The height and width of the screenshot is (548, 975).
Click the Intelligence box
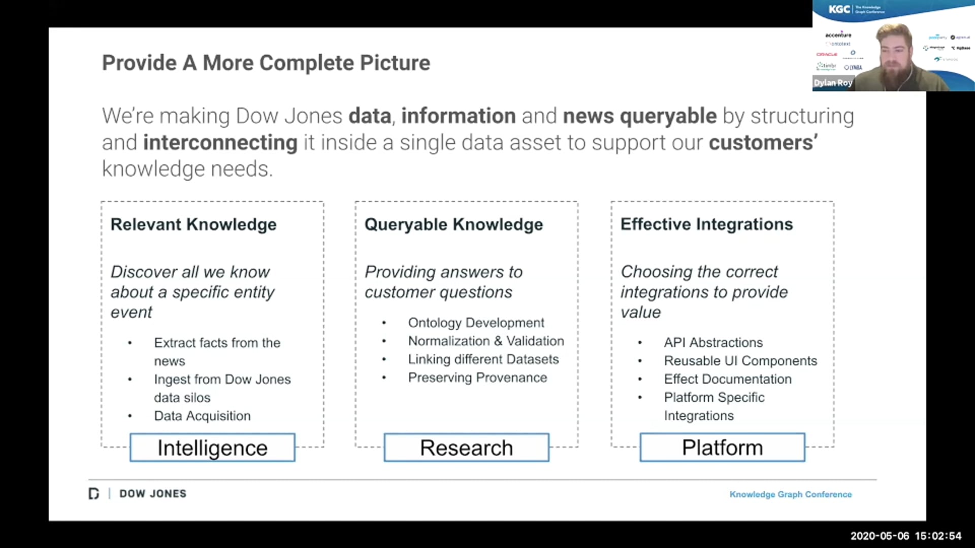click(x=212, y=448)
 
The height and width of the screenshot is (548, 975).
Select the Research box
click(x=466, y=448)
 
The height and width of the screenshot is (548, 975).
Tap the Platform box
click(x=722, y=448)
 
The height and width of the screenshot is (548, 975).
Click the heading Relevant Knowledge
click(x=193, y=224)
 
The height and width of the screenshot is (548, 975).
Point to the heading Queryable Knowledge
click(x=453, y=224)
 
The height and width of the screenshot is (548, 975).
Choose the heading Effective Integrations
click(x=706, y=224)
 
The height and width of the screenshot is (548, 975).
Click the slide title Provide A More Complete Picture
click(x=266, y=63)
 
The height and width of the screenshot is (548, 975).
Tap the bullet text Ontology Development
click(x=476, y=323)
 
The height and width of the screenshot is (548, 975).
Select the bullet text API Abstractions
click(x=713, y=342)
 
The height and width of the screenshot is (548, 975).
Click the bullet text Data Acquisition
click(x=202, y=416)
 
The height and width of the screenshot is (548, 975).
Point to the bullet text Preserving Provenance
click(x=477, y=378)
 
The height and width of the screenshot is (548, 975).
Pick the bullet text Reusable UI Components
click(x=740, y=361)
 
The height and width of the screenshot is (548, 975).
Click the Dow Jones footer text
click(x=152, y=494)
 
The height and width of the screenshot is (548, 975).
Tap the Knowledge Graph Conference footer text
click(x=790, y=494)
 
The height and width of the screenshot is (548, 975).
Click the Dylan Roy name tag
click(x=833, y=83)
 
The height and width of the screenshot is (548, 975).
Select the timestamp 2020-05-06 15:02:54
click(x=905, y=536)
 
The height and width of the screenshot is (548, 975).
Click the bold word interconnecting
click(x=220, y=143)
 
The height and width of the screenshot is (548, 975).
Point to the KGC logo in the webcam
click(x=839, y=9)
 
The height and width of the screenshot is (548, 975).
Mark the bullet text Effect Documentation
click(x=728, y=379)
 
